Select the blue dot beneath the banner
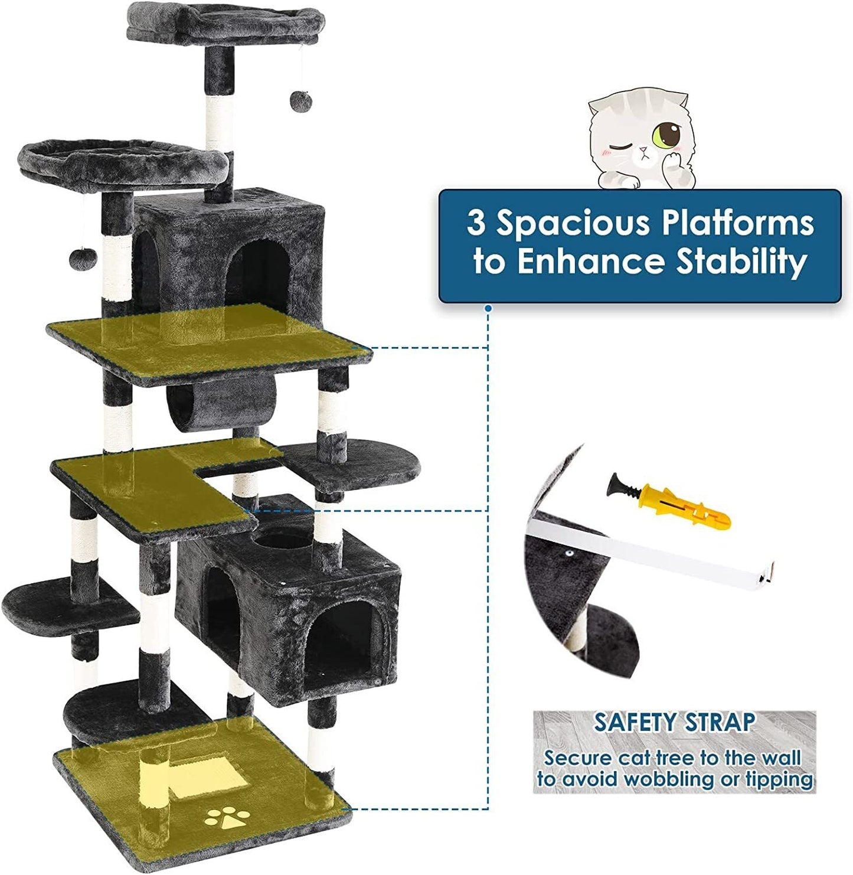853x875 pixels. (x=489, y=309)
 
